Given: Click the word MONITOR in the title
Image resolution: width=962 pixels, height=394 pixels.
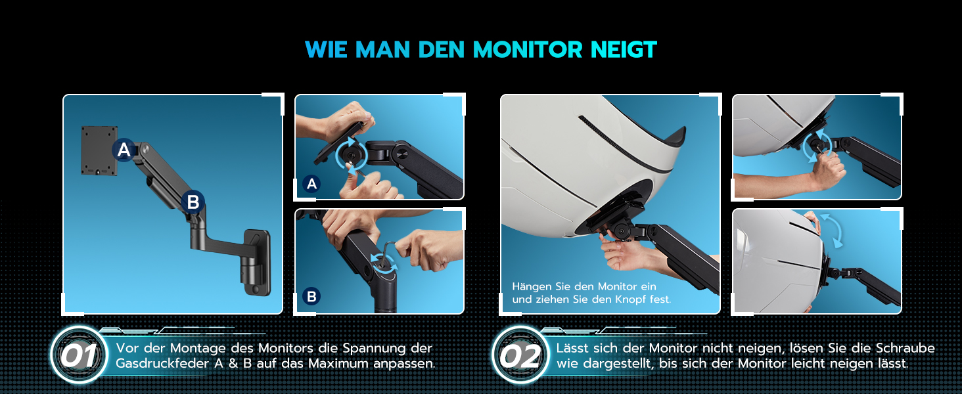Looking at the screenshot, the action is pos(528,49).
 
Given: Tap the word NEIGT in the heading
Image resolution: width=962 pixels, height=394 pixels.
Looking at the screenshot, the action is pos(624,49).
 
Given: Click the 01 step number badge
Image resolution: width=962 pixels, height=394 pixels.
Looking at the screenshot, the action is pos(79,356).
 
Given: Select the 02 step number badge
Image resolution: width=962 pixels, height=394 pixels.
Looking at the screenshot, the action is pos(520,356).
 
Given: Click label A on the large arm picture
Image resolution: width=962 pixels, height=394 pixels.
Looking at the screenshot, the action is pos(124,150).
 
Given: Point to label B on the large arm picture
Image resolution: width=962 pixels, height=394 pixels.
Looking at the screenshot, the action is pos(193,202).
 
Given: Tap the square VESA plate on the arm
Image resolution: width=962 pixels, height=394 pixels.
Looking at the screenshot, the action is pos(99,150).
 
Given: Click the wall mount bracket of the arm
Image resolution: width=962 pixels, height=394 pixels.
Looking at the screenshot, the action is pos(256,263).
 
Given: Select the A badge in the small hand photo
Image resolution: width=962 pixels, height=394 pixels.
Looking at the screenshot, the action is pos(311,184).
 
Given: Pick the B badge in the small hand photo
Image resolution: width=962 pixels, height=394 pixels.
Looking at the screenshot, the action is pos(311,296).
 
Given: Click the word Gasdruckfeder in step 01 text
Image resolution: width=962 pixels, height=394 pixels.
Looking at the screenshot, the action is pos(162,364).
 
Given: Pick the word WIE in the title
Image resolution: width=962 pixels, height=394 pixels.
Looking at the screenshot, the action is pos(326,49).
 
